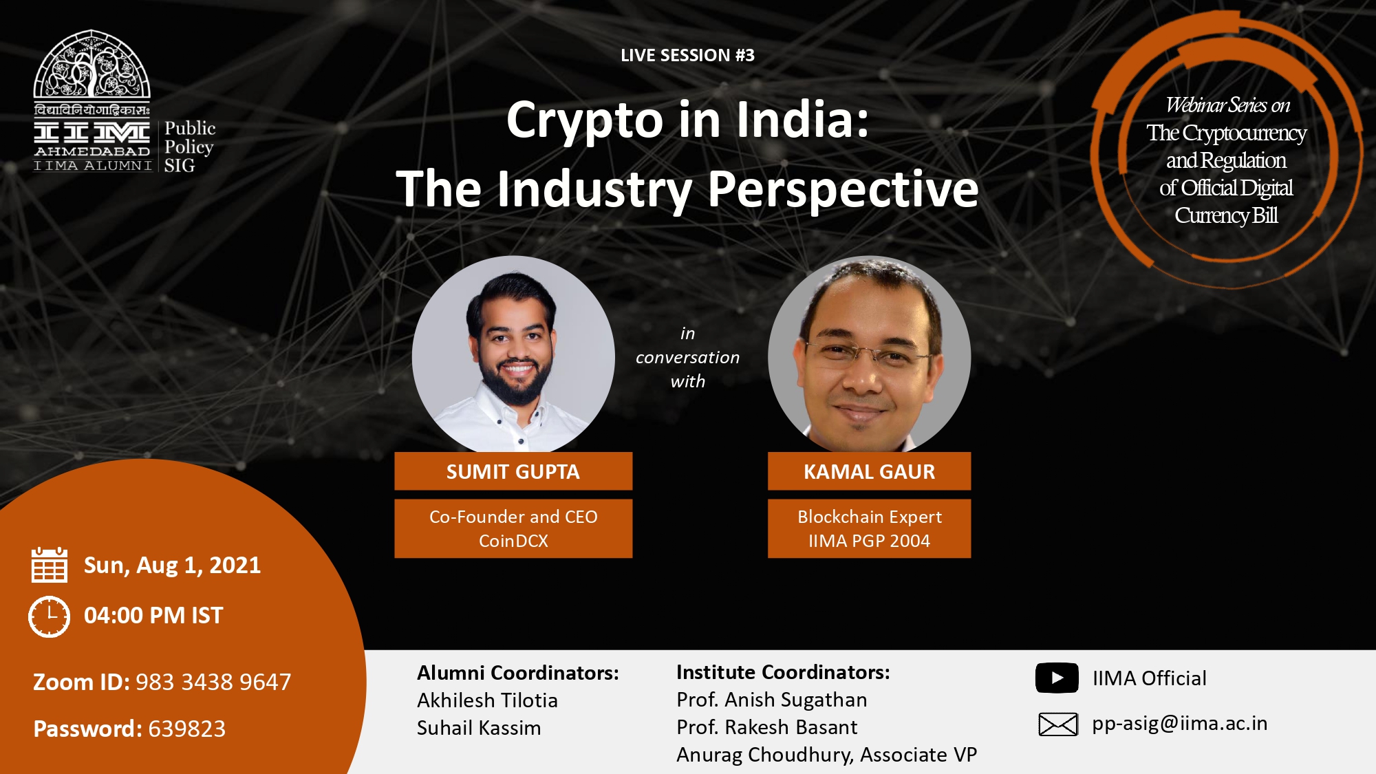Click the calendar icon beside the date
pyautogui.click(x=50, y=565)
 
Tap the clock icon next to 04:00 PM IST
pyautogui.click(x=49, y=616)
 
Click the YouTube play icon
pyautogui.click(x=1057, y=678)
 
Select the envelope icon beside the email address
pyautogui.click(x=1057, y=724)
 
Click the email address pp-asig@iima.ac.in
pyautogui.click(x=1179, y=724)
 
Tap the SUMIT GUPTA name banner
pyautogui.click(x=513, y=471)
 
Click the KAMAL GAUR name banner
pyautogui.click(x=869, y=471)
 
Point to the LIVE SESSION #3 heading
pyautogui.click(x=687, y=55)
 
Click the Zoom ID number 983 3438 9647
pyautogui.click(x=213, y=682)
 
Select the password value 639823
pyautogui.click(x=187, y=729)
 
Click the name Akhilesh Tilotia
pyautogui.click(x=487, y=700)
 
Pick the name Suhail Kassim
pyautogui.click(x=479, y=728)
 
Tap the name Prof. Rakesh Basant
pyautogui.click(x=767, y=727)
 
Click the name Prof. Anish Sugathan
pyautogui.click(x=772, y=700)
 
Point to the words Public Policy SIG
pyautogui.click(x=189, y=147)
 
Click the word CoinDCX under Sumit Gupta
pyautogui.click(x=513, y=541)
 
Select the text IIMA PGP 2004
pyautogui.click(x=869, y=541)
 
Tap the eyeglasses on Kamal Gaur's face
pyautogui.click(x=868, y=354)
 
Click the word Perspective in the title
pyautogui.click(x=843, y=189)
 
